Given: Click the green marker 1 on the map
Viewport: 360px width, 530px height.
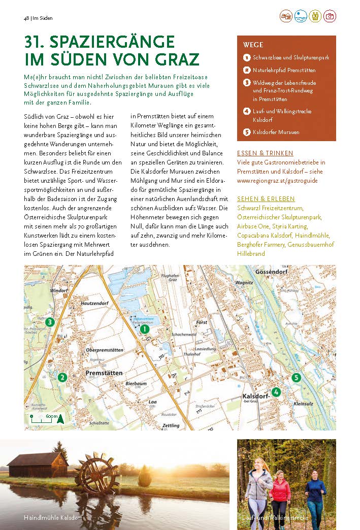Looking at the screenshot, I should pyautogui.click(x=144, y=329).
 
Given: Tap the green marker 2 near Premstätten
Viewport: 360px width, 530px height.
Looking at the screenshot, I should pyautogui.click(x=62, y=377).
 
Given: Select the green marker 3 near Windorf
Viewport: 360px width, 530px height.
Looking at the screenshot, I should pyautogui.click(x=49, y=322).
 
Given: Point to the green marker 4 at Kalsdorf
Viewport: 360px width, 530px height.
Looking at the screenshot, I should pyautogui.click(x=276, y=392).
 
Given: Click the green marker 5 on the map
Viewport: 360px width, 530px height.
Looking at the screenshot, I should pyautogui.click(x=297, y=377).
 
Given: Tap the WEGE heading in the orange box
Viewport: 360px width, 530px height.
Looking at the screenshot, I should pyautogui.click(x=253, y=45).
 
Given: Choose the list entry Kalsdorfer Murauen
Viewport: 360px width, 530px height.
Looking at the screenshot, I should pyautogui.click(x=276, y=132).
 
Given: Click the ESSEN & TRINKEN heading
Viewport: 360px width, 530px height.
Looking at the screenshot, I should pyautogui.click(x=265, y=153).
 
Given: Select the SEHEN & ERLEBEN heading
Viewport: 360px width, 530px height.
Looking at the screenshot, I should pyautogui.click(x=266, y=199).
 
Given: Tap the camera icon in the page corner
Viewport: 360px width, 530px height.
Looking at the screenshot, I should pyautogui.click(x=330, y=16).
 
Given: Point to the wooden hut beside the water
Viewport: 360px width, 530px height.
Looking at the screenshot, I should pyautogui.click(x=38, y=465).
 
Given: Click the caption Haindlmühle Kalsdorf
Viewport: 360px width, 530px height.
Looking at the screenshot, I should pyautogui.click(x=53, y=517).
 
